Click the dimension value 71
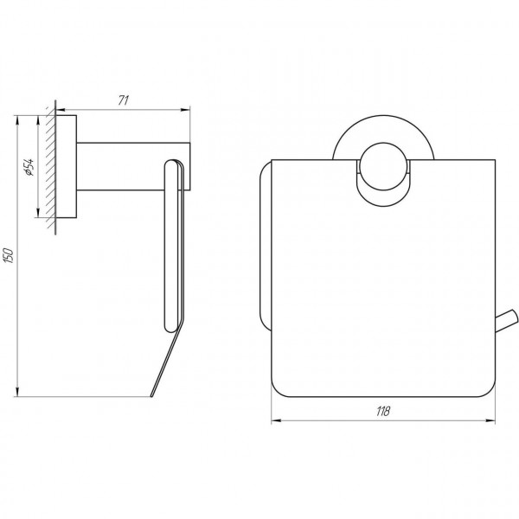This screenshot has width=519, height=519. tap(124, 100)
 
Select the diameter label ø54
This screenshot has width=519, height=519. tap(29, 167)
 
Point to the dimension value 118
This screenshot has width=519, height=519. tap(383, 411)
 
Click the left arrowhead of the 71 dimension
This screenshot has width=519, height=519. tap(61, 110)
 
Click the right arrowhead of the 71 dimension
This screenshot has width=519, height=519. tap(186, 110)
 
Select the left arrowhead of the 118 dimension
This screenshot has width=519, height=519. tap(276, 420)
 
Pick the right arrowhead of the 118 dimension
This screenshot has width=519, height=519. tap(490, 420)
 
